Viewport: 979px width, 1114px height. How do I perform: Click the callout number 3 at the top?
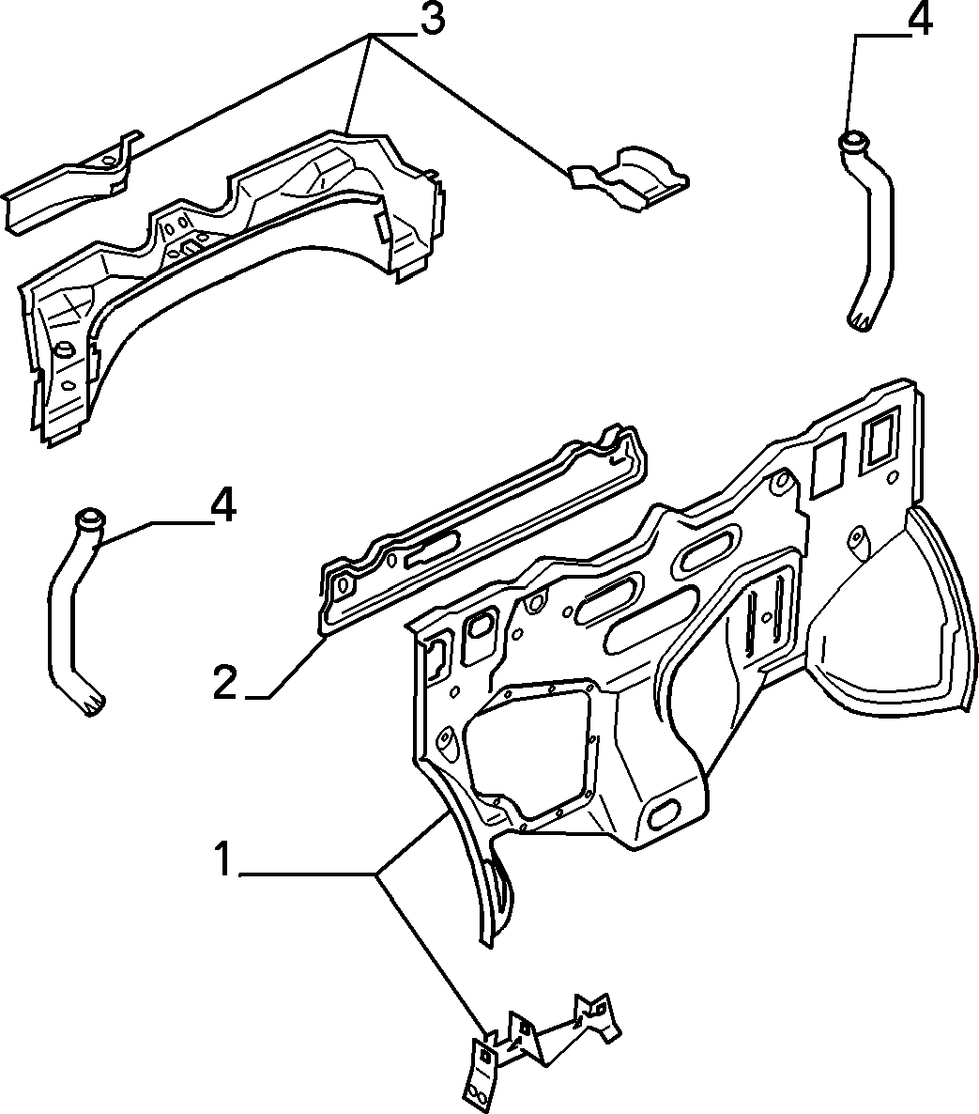coord(432,19)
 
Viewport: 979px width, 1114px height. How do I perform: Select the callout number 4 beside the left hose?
coord(222,507)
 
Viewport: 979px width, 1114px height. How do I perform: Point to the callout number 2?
coord(224,683)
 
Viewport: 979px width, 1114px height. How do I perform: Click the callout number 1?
coord(222,859)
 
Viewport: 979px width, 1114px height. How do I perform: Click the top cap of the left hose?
coord(89,518)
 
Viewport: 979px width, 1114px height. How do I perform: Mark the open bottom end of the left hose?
coord(92,704)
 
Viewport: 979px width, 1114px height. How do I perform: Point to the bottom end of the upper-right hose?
coord(860,321)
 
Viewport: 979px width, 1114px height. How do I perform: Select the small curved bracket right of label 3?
coord(629,179)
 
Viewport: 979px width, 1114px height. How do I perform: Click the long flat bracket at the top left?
coord(71,181)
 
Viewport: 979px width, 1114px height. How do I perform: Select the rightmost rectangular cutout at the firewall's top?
coord(879,446)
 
